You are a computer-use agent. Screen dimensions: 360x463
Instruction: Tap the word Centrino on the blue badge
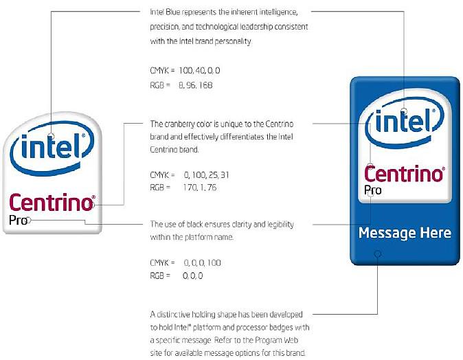pyautogui.click(x=403, y=173)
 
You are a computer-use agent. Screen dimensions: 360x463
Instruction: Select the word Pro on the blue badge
pyautogui.click(x=373, y=190)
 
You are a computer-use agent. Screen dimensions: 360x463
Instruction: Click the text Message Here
pyautogui.click(x=405, y=234)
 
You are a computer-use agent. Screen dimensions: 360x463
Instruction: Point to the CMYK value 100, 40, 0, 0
pyautogui.click(x=199, y=71)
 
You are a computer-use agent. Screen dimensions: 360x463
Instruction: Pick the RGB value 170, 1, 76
pyautogui.click(x=199, y=187)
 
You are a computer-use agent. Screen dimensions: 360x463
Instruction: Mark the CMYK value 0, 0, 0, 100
pyautogui.click(x=201, y=263)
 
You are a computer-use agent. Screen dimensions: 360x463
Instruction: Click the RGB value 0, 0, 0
pyautogui.click(x=193, y=275)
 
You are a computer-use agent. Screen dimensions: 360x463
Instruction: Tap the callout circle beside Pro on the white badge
pyautogui.click(x=30, y=221)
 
